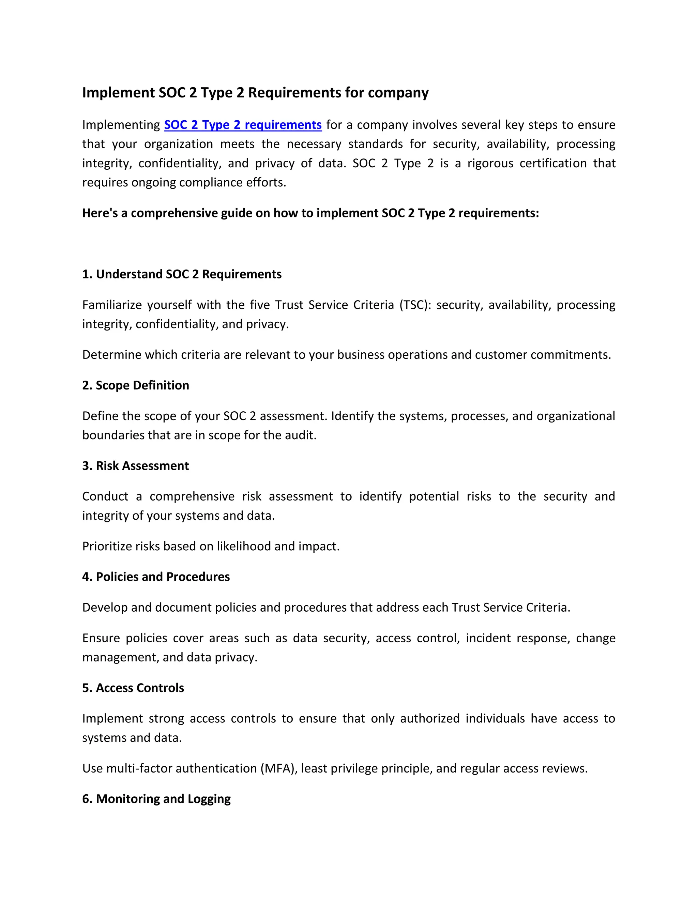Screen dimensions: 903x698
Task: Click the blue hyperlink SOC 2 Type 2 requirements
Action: [243, 125]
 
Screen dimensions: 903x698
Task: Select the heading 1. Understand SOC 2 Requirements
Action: [182, 274]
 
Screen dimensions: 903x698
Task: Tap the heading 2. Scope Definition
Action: [135, 385]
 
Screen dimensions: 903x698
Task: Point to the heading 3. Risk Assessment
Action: [135, 466]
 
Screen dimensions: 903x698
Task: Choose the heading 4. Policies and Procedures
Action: [156, 577]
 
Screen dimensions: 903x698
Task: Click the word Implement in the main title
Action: [118, 93]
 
